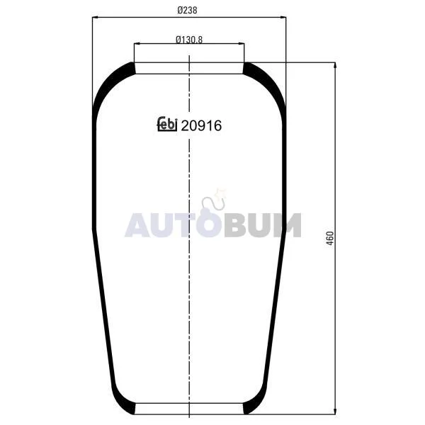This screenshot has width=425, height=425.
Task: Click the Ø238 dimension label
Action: (187, 11)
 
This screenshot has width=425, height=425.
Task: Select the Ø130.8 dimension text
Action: (189, 40)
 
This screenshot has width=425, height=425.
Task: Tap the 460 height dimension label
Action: (330, 239)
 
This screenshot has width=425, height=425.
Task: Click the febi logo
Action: (167, 124)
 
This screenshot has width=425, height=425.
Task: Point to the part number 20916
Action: (201, 126)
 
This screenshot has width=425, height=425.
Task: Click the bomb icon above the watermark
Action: (213, 212)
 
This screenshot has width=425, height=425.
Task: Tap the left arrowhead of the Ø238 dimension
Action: (95, 18)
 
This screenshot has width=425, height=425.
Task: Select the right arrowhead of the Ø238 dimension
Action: (283, 18)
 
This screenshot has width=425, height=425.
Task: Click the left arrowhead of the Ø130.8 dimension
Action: (137, 43)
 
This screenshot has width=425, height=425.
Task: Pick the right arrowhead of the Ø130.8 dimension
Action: (242, 43)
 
